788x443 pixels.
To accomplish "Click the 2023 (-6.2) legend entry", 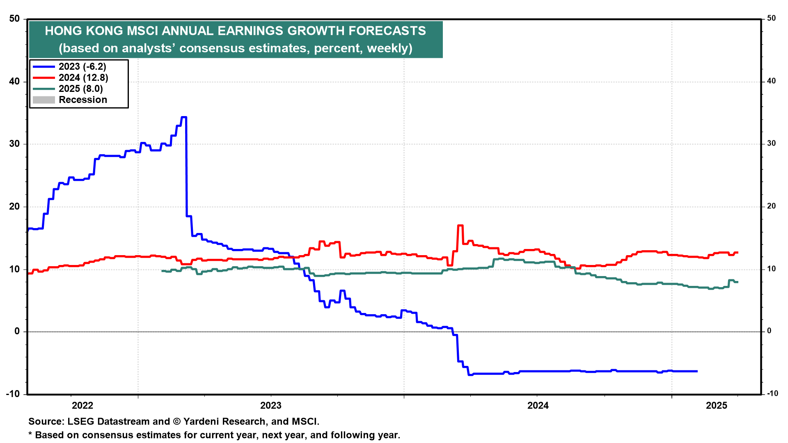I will pyautogui.click(x=82, y=66).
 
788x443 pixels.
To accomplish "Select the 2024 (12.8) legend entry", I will pyautogui.click(x=83, y=78).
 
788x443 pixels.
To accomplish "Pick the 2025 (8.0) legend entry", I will pyautogui.click(x=80, y=89).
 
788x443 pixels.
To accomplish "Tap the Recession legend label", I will pyautogui.click(x=83, y=100).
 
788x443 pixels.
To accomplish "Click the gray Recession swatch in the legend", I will pyautogui.click(x=44, y=100).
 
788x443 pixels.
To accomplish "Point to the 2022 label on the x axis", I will pyautogui.click(x=82, y=406).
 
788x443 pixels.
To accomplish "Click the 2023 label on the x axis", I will pyautogui.click(x=271, y=406).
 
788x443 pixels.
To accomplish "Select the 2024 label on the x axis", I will pyautogui.click(x=538, y=406).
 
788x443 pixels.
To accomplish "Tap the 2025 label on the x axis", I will pyautogui.click(x=717, y=406).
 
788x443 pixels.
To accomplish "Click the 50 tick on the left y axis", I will pyautogui.click(x=14, y=19).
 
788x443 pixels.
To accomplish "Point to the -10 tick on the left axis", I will pyautogui.click(x=13, y=394).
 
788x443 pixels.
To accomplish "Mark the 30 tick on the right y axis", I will pyautogui.click(x=772, y=144).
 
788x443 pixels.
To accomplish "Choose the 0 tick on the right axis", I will pyautogui.click(x=769, y=331).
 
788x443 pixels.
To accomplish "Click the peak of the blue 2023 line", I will pyautogui.click(x=184, y=117).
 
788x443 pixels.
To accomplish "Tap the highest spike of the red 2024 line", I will pyautogui.click(x=460, y=226).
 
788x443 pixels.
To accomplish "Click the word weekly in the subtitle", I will pyautogui.click(x=387, y=48).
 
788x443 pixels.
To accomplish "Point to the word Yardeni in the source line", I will pyautogui.click(x=204, y=421).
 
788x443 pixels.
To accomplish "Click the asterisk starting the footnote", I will pyautogui.click(x=30, y=434).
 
